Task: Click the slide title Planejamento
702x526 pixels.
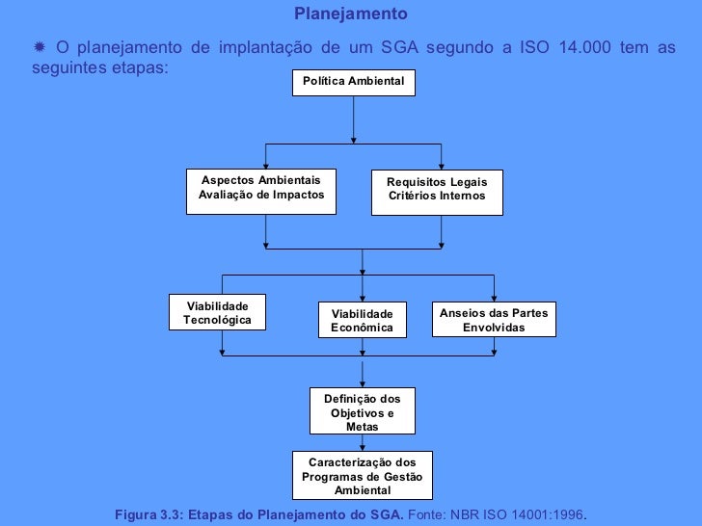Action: tap(350, 14)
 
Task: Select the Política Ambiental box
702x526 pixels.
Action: tap(354, 83)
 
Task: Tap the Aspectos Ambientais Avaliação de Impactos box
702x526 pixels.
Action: tap(260, 189)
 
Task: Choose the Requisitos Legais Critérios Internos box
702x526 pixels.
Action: tap(437, 190)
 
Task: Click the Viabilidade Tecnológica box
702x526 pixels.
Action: tap(217, 312)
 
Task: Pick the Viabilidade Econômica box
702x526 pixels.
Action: tap(363, 321)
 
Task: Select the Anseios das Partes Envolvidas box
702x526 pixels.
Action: tap(494, 321)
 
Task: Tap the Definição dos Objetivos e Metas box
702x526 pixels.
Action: tap(362, 411)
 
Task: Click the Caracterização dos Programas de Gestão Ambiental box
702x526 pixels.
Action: tap(362, 476)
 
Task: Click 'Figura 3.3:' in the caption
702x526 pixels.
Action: tap(149, 515)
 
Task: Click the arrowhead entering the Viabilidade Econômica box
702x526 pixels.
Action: tap(363, 299)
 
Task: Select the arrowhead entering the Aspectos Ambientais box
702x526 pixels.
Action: tap(266, 167)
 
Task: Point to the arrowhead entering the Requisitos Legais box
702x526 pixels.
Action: tap(442, 167)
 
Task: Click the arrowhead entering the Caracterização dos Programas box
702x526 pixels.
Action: tap(362, 446)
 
